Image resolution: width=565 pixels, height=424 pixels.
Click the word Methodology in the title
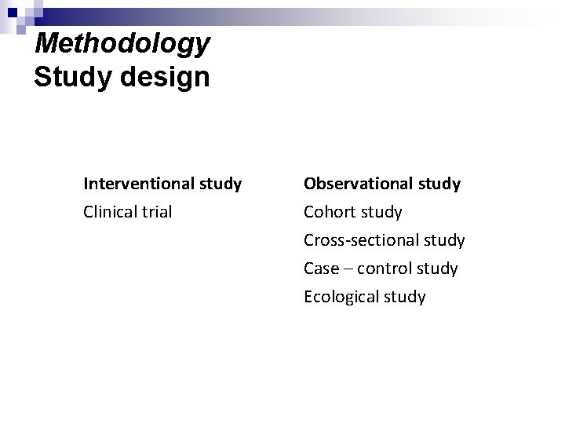123,44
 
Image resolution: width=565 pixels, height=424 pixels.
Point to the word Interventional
139,184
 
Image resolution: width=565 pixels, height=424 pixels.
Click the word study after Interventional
220,185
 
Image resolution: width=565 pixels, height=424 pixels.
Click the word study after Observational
439,185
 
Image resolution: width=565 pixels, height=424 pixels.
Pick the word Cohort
330,212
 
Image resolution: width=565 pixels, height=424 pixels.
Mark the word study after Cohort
381,213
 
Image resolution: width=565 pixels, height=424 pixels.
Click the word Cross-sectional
359,240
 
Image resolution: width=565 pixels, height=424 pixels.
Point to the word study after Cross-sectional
443,241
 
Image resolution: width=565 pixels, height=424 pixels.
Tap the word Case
321,269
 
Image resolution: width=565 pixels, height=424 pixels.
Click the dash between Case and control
348,269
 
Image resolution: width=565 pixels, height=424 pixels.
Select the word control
385,269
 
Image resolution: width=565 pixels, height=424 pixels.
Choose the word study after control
437,269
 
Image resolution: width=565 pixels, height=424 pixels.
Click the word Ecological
342,297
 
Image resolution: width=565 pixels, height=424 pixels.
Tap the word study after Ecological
405,298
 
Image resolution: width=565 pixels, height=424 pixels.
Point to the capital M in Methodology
49,43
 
